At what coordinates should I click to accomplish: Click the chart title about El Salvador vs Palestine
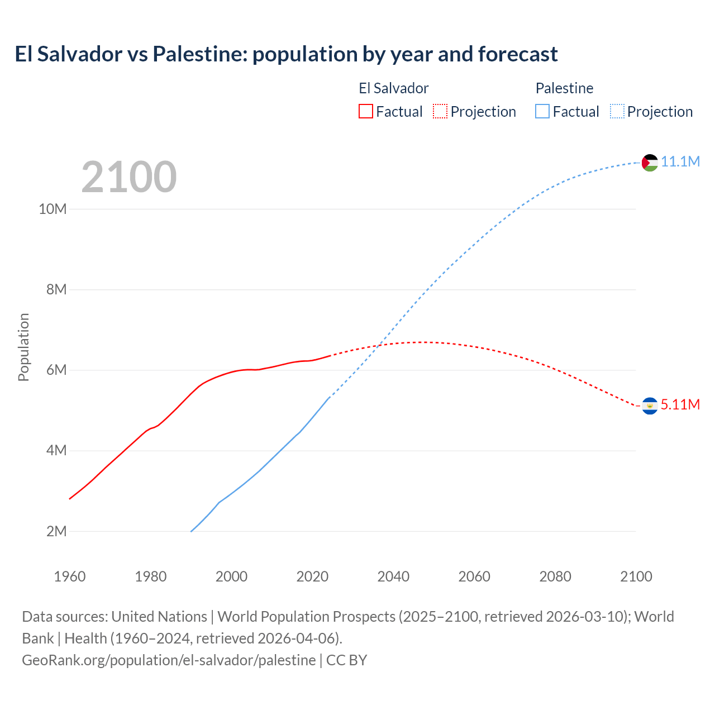286,54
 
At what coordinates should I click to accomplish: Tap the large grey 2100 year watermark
129,177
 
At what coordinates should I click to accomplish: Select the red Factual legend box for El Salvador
365,111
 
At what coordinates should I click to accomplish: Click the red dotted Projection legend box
440,111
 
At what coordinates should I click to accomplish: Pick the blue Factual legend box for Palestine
542,111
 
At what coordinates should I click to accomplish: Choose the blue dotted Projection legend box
617,111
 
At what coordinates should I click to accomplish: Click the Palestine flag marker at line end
650,163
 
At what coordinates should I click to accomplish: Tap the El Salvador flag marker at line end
650,406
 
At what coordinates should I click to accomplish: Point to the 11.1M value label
680,162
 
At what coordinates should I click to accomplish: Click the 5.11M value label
680,405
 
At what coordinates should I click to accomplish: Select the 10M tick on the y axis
53,209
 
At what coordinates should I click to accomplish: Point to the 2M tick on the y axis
56,531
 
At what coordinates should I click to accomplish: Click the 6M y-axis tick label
56,370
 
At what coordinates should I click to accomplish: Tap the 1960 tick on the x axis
70,576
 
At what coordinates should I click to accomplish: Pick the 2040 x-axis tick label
393,576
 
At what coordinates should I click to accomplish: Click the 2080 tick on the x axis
555,576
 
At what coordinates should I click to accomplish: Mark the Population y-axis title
23,347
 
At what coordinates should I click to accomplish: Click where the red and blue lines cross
378,346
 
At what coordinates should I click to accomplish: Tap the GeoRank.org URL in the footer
169,660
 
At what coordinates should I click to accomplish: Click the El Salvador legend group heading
393,88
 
